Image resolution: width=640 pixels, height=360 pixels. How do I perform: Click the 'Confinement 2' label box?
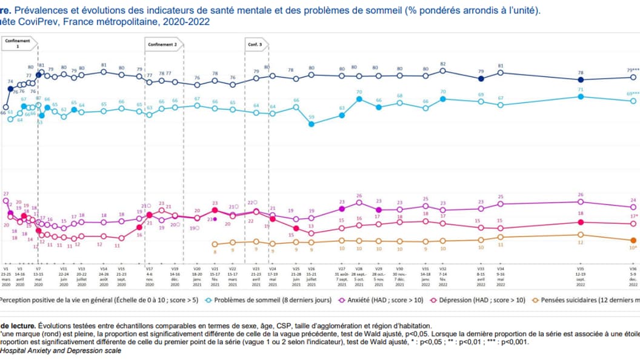163,44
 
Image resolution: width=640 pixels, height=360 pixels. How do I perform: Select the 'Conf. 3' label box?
255,44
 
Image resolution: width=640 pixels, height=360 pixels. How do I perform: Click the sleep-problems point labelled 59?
312,124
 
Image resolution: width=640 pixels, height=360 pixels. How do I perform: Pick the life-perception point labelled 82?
443,71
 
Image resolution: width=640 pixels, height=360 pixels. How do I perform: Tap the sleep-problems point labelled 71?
581,96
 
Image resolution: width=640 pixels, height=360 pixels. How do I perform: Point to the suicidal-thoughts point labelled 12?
581,235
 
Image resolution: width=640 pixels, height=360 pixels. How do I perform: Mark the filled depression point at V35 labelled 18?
581,222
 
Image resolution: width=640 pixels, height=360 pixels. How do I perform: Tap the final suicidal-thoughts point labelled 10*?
633,240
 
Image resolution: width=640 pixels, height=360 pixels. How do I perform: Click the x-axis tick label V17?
148,268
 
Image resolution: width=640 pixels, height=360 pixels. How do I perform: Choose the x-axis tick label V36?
633,268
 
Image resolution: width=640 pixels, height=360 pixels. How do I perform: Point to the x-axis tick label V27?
342,268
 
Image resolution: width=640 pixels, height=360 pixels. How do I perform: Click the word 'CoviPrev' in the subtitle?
41,22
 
